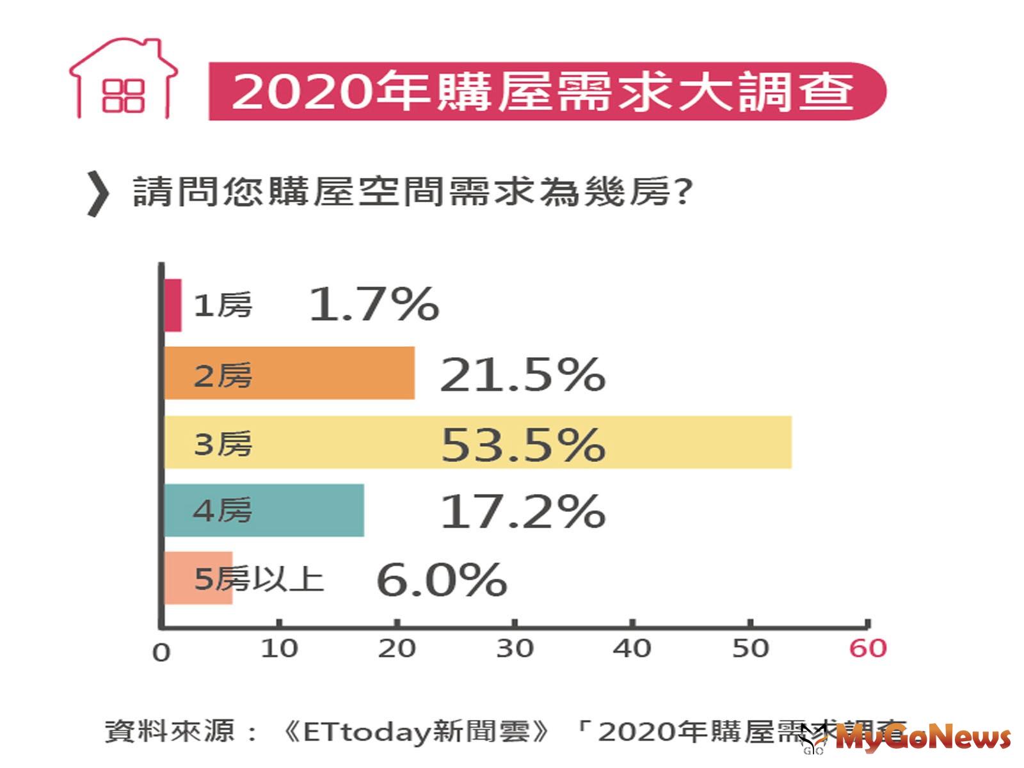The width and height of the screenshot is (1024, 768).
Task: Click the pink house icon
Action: tap(123, 79)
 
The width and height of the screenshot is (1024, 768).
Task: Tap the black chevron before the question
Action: tap(98, 194)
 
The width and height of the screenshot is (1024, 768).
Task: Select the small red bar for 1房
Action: tap(173, 305)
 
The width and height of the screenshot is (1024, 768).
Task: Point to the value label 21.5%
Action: tap(522, 374)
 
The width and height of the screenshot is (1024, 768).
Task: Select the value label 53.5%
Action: tap(522, 444)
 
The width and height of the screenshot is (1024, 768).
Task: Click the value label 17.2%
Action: tap(522, 511)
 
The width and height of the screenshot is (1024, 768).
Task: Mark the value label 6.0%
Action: tap(442, 580)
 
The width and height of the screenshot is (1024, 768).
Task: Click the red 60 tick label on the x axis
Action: tap(867, 648)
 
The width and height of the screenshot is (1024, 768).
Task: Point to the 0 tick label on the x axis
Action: tap(161, 652)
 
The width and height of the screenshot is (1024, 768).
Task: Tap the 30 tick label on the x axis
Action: tap(515, 648)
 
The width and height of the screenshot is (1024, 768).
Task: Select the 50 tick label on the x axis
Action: tap(750, 648)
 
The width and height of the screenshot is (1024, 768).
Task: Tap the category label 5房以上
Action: tap(259, 579)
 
